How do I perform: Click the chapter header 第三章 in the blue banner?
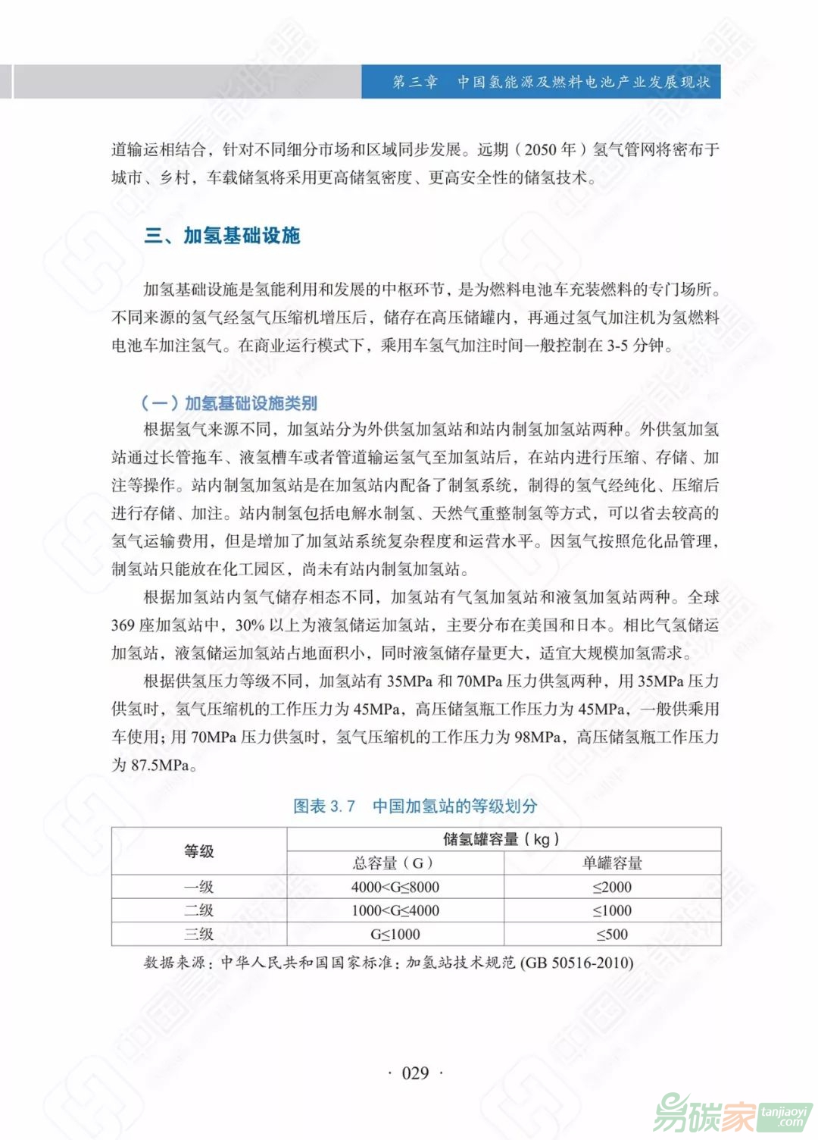pyautogui.click(x=414, y=82)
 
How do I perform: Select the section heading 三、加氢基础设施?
pyautogui.click(x=223, y=236)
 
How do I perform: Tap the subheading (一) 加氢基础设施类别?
pyautogui.click(x=229, y=403)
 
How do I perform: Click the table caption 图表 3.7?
pyautogui.click(x=324, y=806)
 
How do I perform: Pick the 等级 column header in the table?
pyautogui.click(x=199, y=851)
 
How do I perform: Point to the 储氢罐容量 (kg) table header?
pyautogui.click(x=501, y=839)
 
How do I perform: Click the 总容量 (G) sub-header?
pyautogui.click(x=394, y=863)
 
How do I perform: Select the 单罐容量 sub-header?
pyautogui.click(x=612, y=863)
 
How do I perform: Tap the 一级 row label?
pyautogui.click(x=199, y=887)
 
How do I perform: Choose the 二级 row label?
pyautogui.click(x=199, y=910)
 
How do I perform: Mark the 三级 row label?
pyautogui.click(x=199, y=934)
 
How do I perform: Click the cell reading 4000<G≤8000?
pyautogui.click(x=395, y=887)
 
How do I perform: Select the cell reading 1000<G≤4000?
pyautogui.click(x=395, y=910)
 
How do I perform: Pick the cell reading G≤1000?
pyautogui.click(x=395, y=934)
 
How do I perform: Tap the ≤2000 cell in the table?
pyautogui.click(x=612, y=887)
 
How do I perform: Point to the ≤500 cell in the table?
pyautogui.click(x=612, y=934)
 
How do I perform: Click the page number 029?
pyautogui.click(x=415, y=1073)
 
